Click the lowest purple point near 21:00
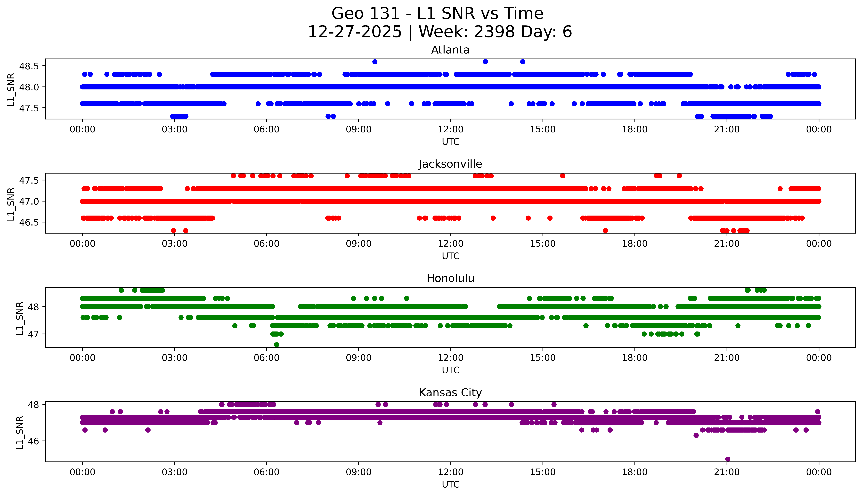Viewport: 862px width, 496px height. pyautogui.click(x=728, y=459)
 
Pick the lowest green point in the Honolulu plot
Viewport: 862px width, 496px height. pyautogui.click(x=276, y=345)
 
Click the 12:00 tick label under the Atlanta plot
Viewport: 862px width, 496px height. pyautogui.click(x=450, y=130)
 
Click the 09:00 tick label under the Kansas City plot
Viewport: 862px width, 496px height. pyautogui.click(x=358, y=472)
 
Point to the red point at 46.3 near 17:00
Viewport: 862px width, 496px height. pyautogui.click(x=605, y=231)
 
